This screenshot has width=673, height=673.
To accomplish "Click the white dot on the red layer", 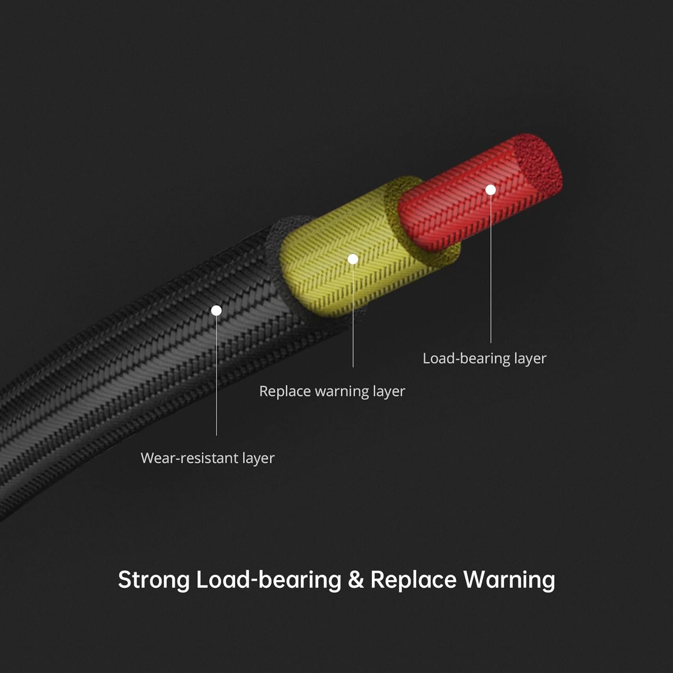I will pos(490,190).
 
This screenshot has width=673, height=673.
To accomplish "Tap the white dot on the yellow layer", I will pos(353,259).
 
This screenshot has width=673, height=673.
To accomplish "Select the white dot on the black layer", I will pos(216,310).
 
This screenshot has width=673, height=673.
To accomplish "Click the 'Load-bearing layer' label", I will pos(485,358).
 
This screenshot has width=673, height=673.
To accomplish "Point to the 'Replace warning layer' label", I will pos(332,391).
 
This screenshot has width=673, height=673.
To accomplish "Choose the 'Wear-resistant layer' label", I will pos(207,458).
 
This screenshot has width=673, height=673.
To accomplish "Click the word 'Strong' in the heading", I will pos(153,580).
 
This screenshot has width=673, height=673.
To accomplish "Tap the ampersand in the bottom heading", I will pos(355,580).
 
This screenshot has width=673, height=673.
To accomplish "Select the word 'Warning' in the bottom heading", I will pos(509,580).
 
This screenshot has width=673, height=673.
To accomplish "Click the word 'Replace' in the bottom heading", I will pos(413,580).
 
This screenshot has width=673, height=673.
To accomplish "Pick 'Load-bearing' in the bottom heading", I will pos(269,580).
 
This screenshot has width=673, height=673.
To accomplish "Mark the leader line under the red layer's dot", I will pos(490,269).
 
